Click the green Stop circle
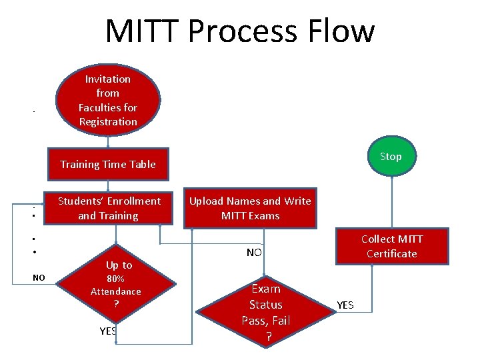tap(391, 157)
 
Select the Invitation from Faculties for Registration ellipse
tap(108, 100)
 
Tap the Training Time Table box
tap(108, 164)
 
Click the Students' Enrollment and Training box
tap(109, 208)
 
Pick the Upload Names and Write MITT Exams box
tap(250, 208)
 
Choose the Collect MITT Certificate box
tap(391, 246)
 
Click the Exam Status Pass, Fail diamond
tap(265, 312)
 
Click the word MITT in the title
tap(142, 31)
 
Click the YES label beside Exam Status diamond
tap(345, 305)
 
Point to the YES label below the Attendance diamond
tap(108, 331)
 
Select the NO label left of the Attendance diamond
tap(39, 277)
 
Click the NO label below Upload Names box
tap(254, 253)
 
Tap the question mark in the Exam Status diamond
tap(268, 337)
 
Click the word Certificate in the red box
tap(391, 253)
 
